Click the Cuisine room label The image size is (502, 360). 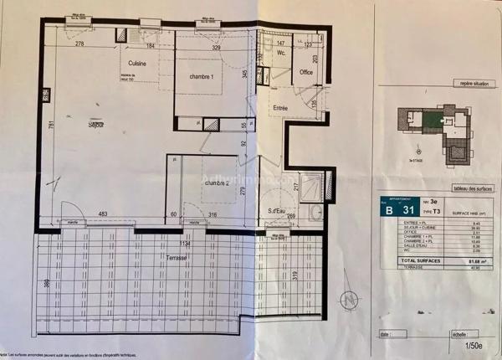(x=138, y=64)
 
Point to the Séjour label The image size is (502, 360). (x=102, y=126)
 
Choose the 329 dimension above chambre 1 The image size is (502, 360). (x=215, y=49)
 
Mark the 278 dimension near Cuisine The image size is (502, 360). (x=80, y=44)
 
